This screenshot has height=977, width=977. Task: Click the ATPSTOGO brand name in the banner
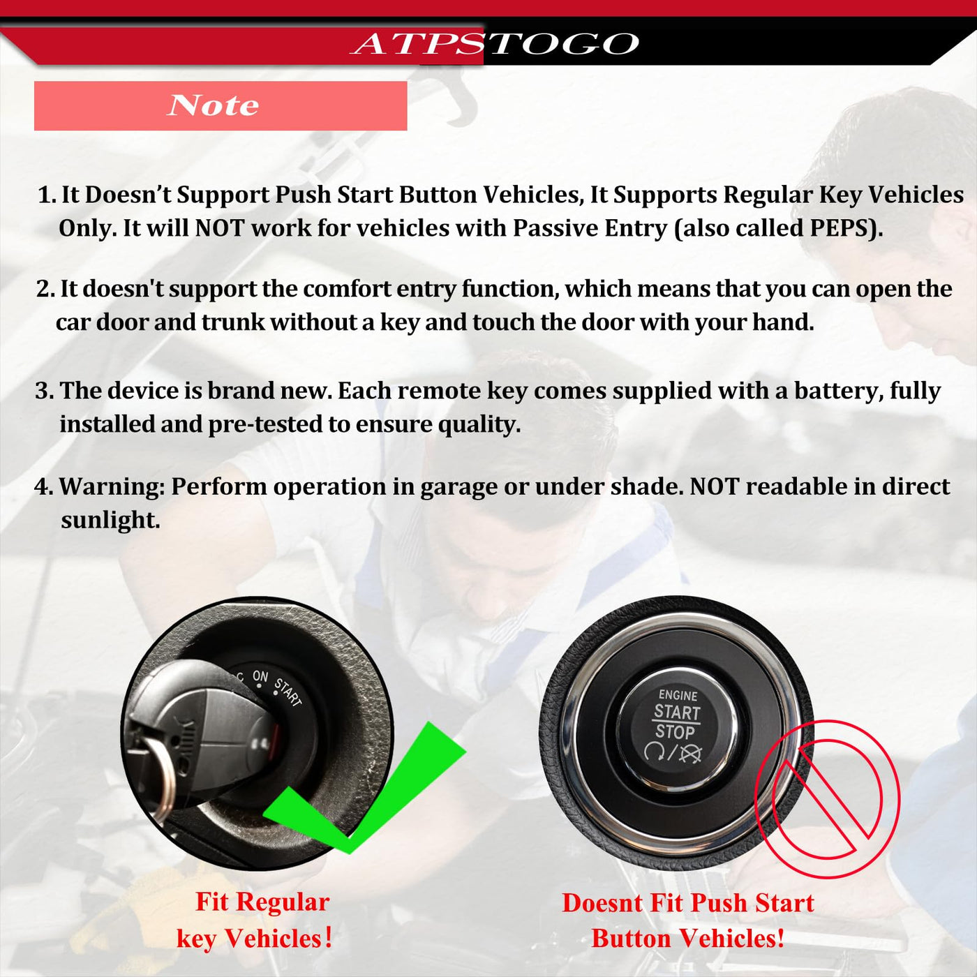[x=495, y=43]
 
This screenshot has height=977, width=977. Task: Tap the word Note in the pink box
[x=213, y=105]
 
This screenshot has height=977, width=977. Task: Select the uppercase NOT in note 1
[x=221, y=228]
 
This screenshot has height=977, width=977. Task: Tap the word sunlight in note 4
[x=110, y=520]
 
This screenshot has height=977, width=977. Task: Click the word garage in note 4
[x=458, y=487]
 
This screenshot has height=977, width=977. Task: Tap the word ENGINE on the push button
[x=678, y=695]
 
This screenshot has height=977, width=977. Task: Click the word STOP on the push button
[x=675, y=731]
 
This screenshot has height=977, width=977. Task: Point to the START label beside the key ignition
[x=288, y=692]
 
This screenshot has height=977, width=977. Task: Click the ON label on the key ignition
[x=260, y=676]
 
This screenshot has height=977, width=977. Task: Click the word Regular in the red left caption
[x=283, y=902]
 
